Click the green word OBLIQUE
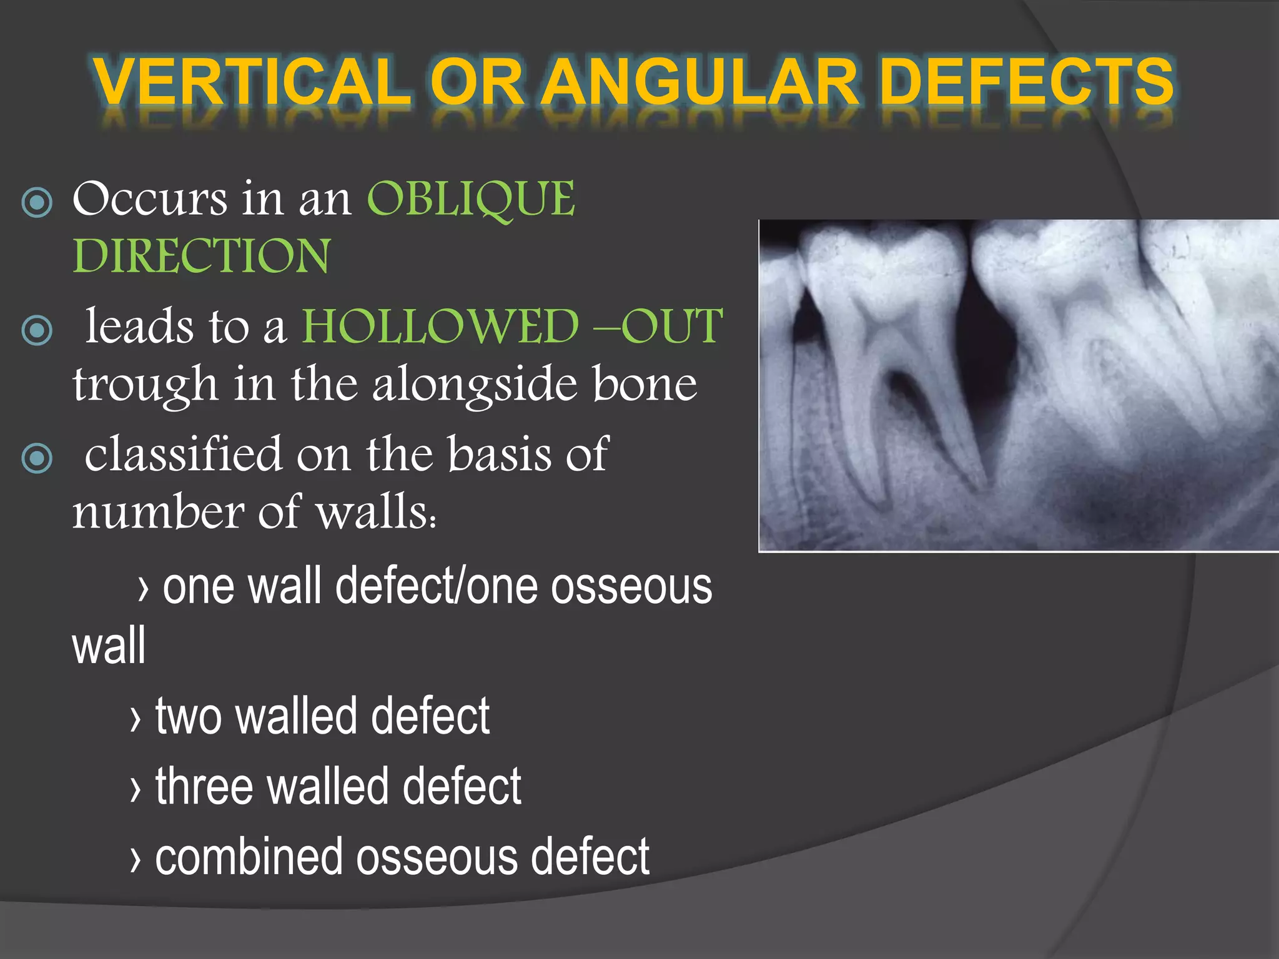tap(471, 199)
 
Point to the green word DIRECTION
tap(201, 256)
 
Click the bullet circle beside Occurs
tap(37, 202)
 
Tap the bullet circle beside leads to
tap(37, 330)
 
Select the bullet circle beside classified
tap(37, 458)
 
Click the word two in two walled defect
tap(188, 717)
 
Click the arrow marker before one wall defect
tap(144, 588)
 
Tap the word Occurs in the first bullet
tap(150, 199)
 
